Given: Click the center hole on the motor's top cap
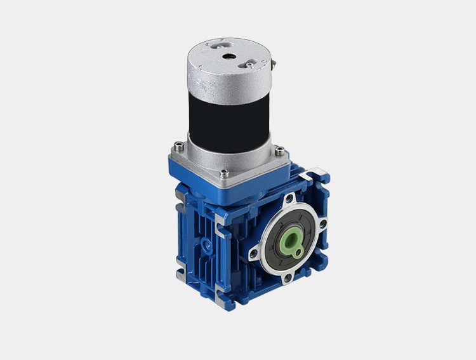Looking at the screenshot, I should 229,55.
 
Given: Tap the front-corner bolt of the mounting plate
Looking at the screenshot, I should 223,172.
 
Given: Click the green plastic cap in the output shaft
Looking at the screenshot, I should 294,240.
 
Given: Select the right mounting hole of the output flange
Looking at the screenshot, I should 322,223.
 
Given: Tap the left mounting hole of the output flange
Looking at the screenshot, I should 254,254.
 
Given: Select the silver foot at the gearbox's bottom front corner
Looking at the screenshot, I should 221,294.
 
